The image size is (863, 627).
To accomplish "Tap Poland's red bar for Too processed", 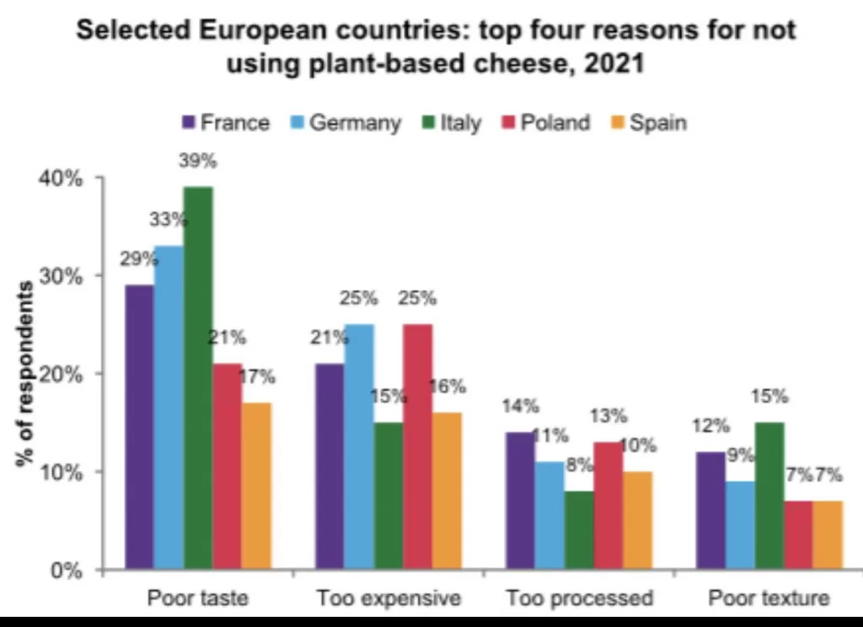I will click(608, 506).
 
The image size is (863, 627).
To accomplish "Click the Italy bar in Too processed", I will click(579, 530).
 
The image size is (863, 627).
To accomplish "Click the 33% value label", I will click(169, 220).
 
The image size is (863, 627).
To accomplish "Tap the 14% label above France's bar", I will click(520, 406).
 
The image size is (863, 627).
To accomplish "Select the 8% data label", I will click(579, 465).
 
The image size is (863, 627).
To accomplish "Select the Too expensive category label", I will click(389, 598).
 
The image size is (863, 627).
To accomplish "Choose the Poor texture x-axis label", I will click(769, 598).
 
